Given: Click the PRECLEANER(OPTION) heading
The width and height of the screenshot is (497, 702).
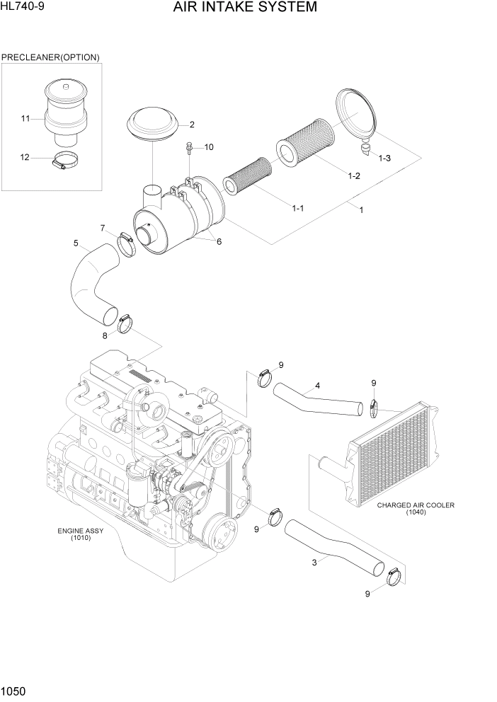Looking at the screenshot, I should tap(50, 57).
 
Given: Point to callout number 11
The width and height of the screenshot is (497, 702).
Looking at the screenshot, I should tap(25, 118).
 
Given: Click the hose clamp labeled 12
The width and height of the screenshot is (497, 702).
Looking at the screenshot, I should tap(64, 162).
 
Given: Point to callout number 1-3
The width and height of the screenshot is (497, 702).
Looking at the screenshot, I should tap(384, 159).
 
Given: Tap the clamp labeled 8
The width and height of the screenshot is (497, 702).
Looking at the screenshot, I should tap(126, 324).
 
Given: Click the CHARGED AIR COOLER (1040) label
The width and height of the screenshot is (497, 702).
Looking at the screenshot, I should tap(415, 509).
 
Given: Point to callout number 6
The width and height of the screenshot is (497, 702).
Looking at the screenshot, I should tap(219, 241).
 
